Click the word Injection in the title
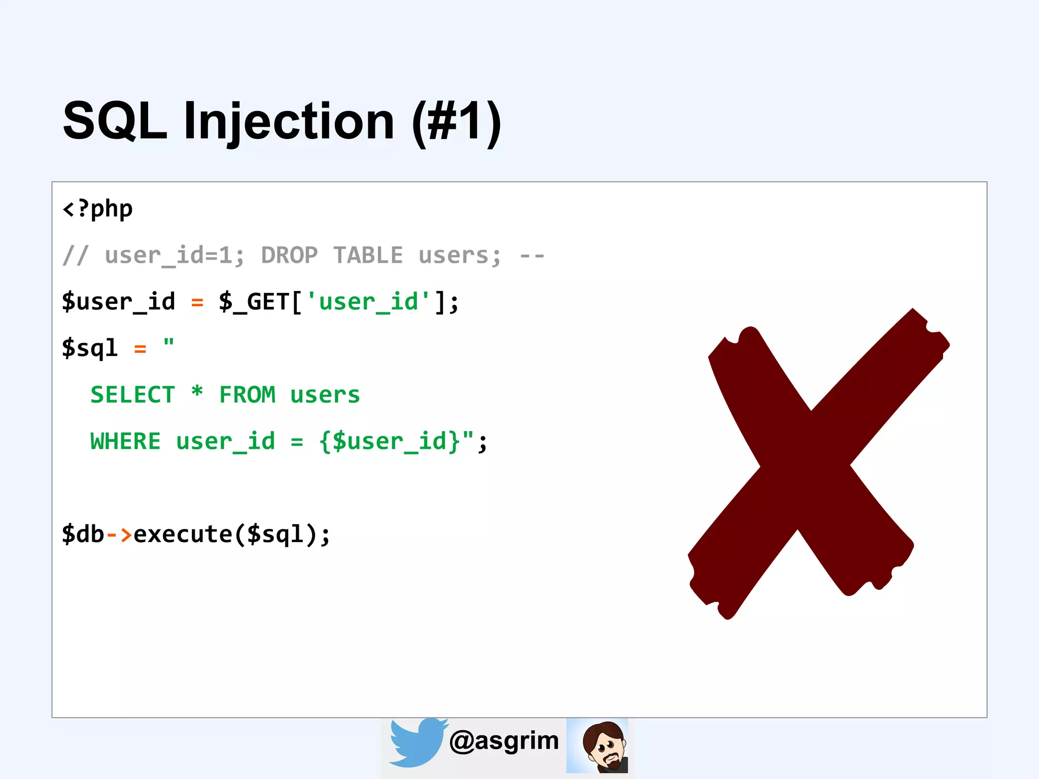(x=289, y=122)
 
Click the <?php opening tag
(x=97, y=209)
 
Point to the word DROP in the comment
(x=289, y=255)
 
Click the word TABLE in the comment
(x=368, y=255)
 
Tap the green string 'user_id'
(x=368, y=302)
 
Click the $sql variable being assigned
(x=90, y=348)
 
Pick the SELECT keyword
(x=132, y=395)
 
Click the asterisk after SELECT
(x=197, y=393)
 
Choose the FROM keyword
(x=247, y=395)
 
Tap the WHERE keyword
(x=125, y=441)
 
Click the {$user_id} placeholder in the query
(x=390, y=441)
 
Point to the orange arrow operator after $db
(x=119, y=534)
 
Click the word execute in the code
(x=183, y=534)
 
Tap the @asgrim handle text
(x=504, y=741)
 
